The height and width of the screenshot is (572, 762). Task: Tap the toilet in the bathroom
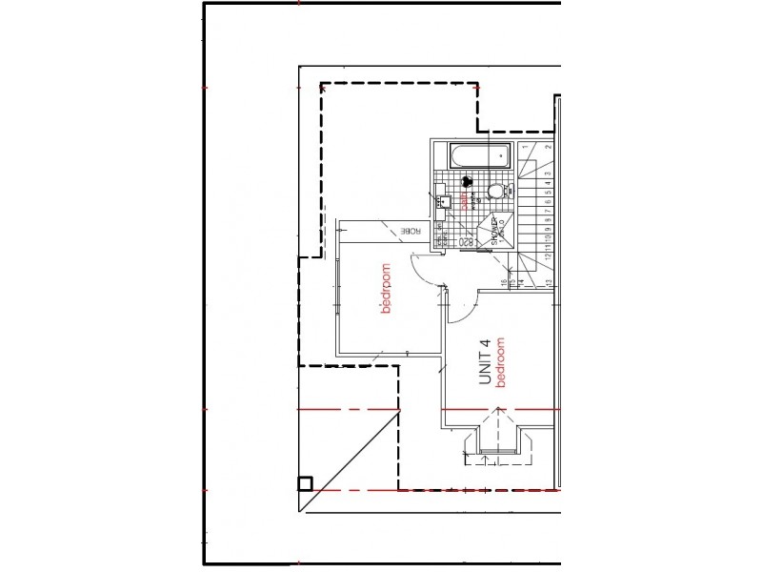pyautogui.click(x=495, y=193)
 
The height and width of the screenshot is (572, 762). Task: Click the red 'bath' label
pyautogui.click(x=465, y=201)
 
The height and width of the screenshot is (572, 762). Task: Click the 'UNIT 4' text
pyautogui.click(x=484, y=363)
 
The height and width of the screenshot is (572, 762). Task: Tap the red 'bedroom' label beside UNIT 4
pyautogui.click(x=498, y=361)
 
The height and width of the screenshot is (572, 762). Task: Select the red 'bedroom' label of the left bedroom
pyautogui.click(x=386, y=289)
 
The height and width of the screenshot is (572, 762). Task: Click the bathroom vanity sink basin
pyautogui.click(x=441, y=201)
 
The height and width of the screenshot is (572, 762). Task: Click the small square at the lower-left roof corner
pyautogui.click(x=305, y=483)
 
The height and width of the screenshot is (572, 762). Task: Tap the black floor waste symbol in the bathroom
pyautogui.click(x=467, y=179)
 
